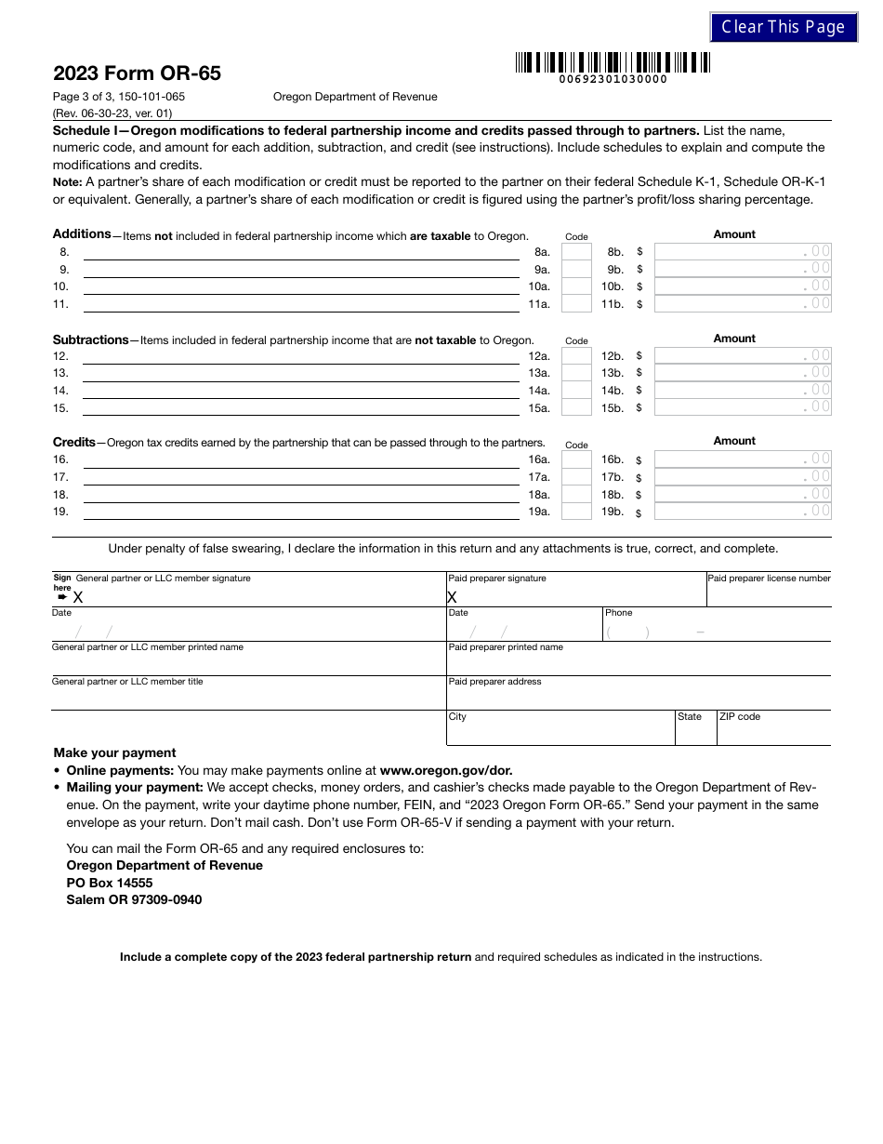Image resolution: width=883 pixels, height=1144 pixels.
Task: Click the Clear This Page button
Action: pos(784,27)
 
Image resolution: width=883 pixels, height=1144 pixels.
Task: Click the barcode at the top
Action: pos(613,63)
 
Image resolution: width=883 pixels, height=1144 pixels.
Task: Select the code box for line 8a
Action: pos(576,252)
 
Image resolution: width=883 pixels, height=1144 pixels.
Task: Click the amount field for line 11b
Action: pos(743,304)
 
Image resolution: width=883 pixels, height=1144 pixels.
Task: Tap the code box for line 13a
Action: pos(576,373)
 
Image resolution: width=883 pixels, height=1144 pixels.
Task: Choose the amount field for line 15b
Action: pos(743,407)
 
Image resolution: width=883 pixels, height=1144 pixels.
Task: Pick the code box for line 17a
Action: pos(576,477)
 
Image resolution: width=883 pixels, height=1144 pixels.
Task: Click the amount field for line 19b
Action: pos(743,512)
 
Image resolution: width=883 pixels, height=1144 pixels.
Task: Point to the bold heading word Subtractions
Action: pos(90,339)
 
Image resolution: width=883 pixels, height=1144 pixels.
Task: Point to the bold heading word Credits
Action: pos(74,443)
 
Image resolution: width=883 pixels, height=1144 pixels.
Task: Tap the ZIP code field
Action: pos(773,732)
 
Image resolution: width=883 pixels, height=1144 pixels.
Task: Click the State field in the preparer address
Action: pos(695,732)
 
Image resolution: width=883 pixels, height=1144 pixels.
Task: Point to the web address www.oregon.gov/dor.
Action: pos(446,770)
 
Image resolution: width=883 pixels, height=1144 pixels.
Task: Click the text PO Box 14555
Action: pos(110,883)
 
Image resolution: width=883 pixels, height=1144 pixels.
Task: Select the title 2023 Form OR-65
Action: pos(137,73)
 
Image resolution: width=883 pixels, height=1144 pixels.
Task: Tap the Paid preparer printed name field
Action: pos(639,663)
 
